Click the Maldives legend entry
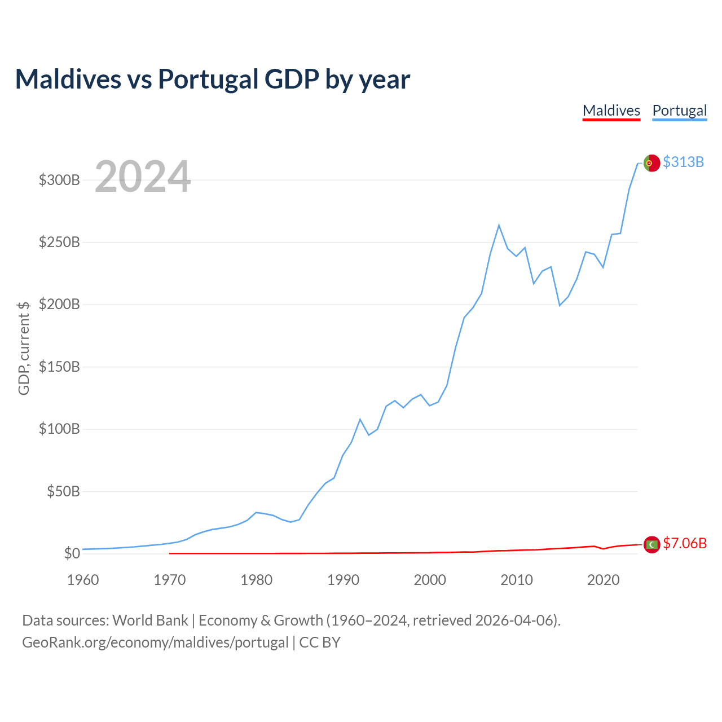(x=611, y=111)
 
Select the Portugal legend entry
(x=679, y=111)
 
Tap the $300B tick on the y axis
(x=59, y=180)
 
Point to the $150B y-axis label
(x=59, y=367)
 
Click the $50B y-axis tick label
(x=63, y=491)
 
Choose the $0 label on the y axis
(x=72, y=553)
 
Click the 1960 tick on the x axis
(x=83, y=580)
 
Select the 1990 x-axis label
(x=343, y=580)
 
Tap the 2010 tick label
(x=517, y=580)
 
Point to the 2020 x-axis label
(x=604, y=580)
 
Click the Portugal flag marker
(x=651, y=163)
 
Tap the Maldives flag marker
(x=651, y=544)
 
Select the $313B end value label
(x=683, y=162)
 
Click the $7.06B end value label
(x=684, y=543)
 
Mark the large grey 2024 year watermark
(x=143, y=177)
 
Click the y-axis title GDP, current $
(x=24, y=348)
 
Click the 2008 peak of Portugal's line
(x=499, y=226)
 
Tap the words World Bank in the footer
(x=150, y=620)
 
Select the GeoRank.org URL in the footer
(x=155, y=642)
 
